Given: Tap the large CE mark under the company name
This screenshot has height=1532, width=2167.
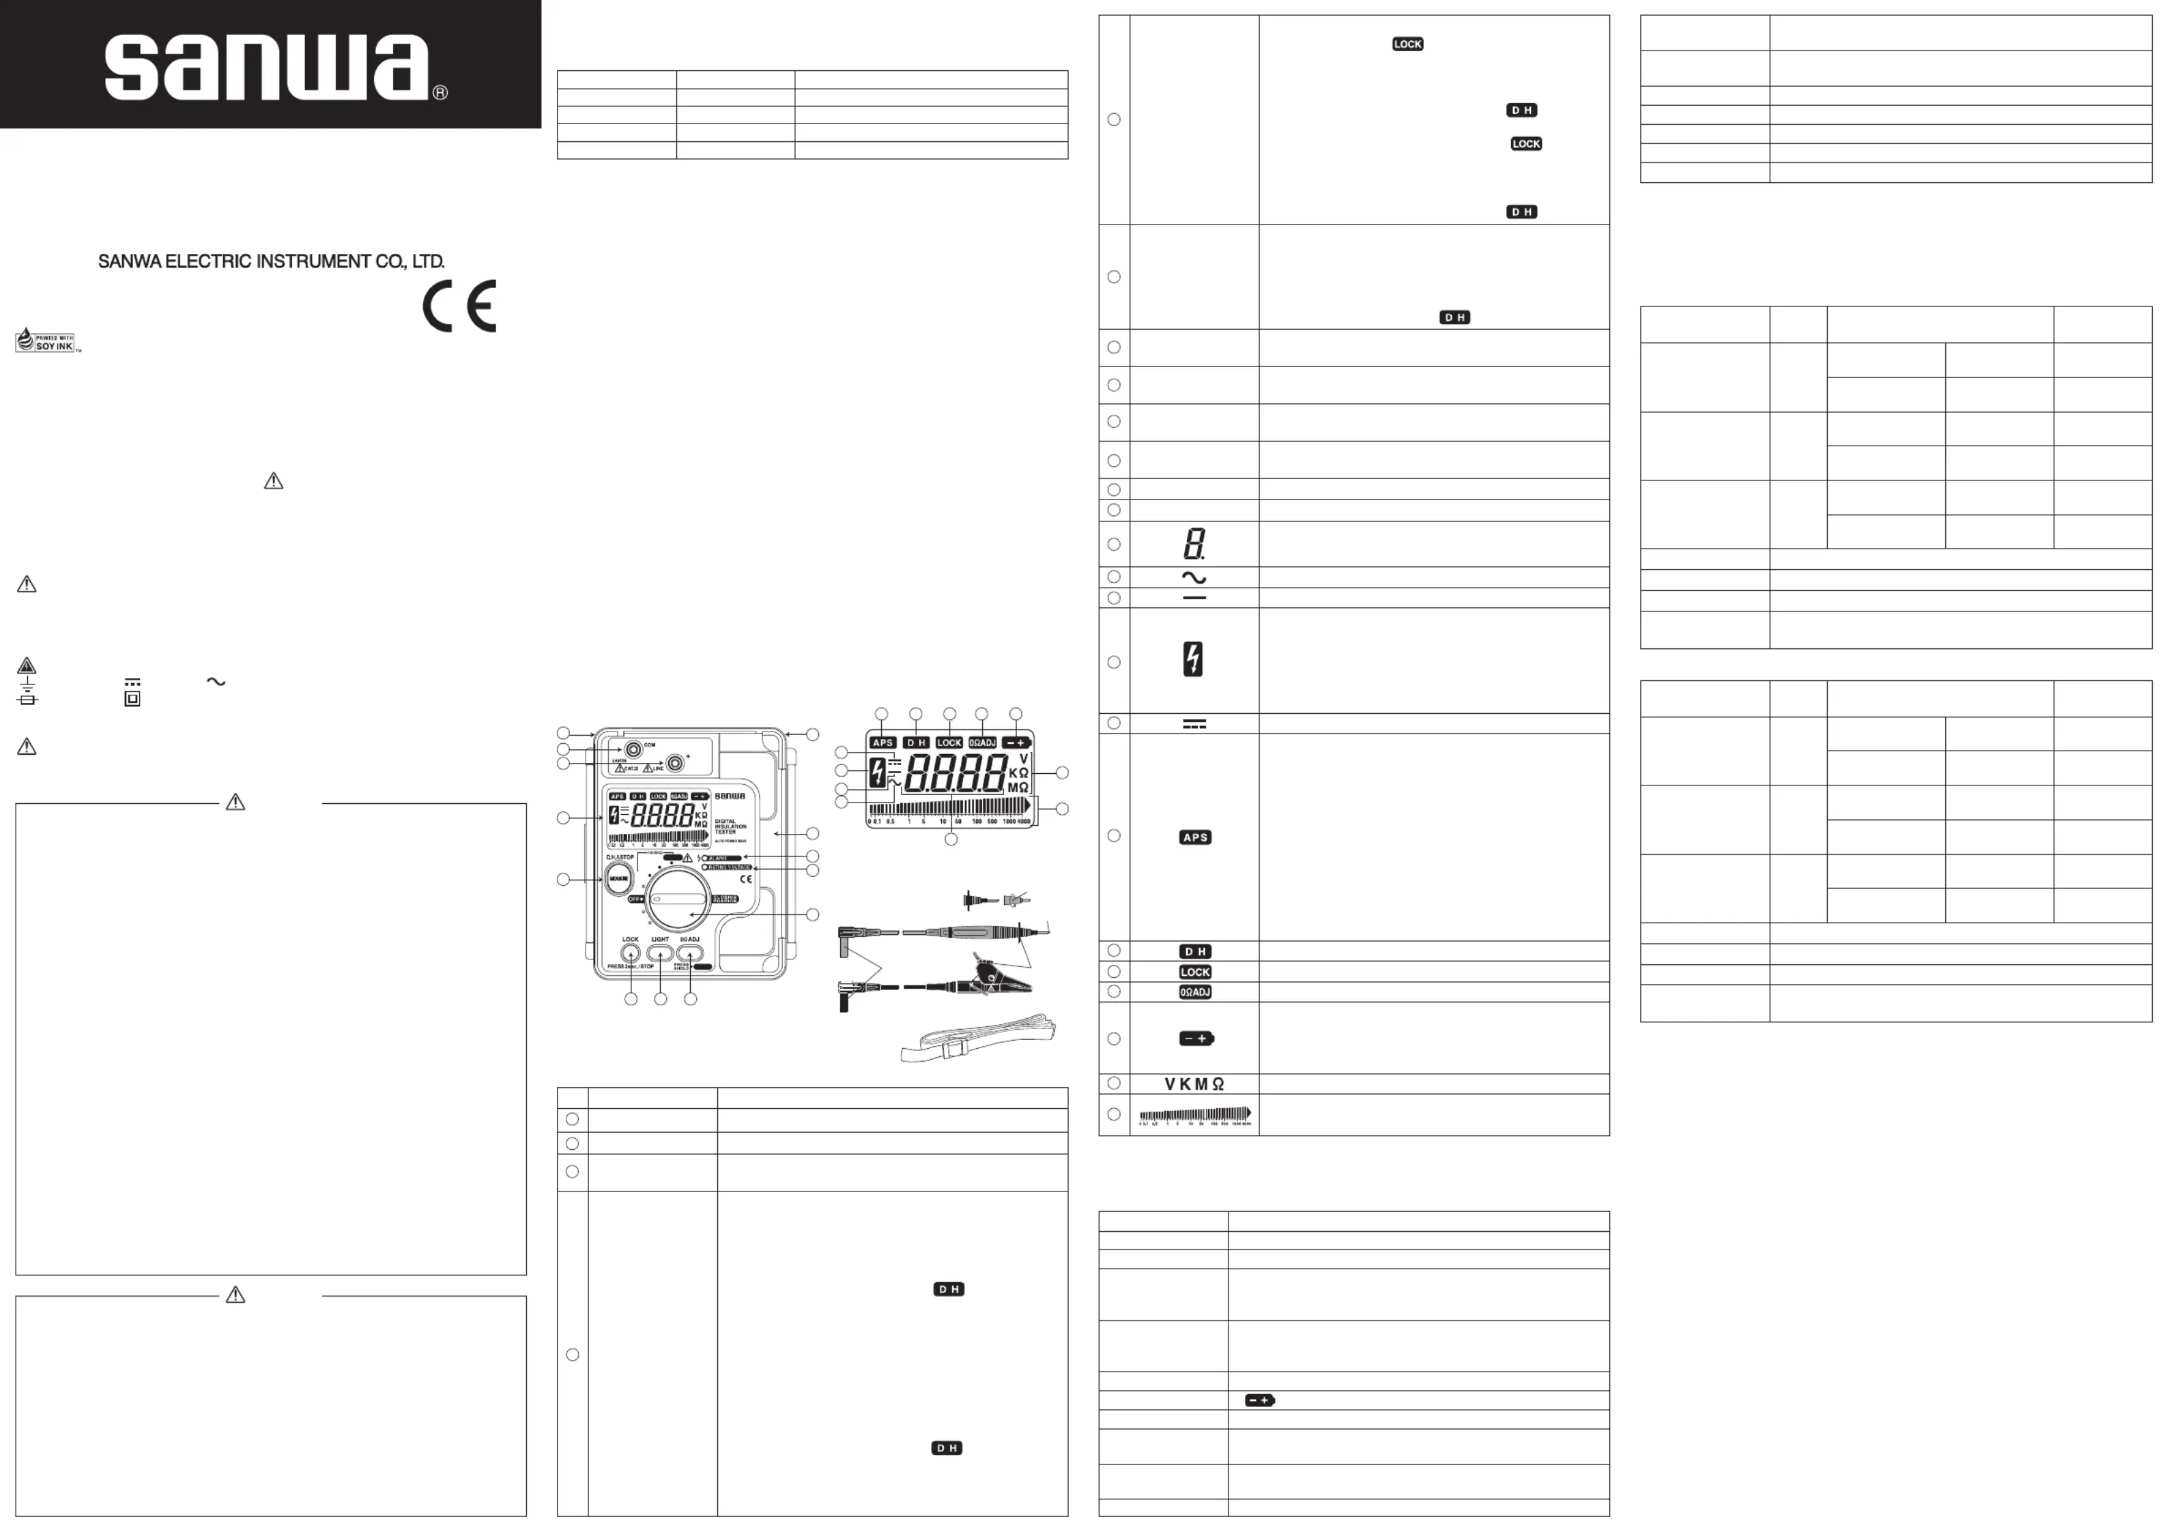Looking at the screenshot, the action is tap(459, 306).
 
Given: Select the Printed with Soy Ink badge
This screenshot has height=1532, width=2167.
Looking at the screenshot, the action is tap(47, 341).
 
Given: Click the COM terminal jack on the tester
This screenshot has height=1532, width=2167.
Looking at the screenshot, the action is tap(634, 749).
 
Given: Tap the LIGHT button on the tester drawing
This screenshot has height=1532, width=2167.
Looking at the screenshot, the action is tap(660, 953).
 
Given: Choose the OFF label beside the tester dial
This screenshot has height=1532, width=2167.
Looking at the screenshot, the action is tap(636, 899).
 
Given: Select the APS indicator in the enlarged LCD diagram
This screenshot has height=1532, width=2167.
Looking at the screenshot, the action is tap(882, 743).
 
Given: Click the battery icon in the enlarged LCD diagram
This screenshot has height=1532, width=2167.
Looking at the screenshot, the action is tap(1016, 743).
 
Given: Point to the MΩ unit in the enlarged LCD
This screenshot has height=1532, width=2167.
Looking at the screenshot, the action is tap(1018, 787).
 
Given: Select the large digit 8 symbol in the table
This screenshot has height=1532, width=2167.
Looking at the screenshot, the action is tap(1194, 544).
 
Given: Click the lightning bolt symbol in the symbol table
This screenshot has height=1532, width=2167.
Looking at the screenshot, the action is tap(1193, 659).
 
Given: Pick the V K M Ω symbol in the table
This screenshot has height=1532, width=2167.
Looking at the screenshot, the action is tap(1194, 1084).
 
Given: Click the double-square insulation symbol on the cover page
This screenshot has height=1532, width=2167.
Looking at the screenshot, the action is tap(132, 699).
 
